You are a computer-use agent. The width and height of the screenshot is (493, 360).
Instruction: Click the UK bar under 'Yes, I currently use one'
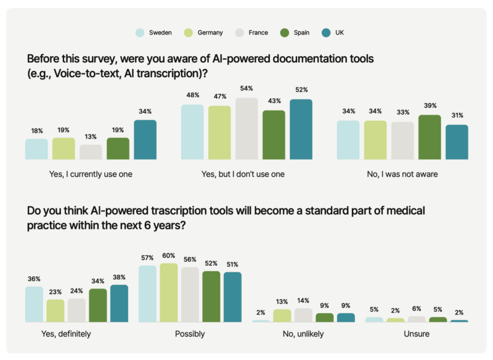pyautogui.click(x=145, y=140)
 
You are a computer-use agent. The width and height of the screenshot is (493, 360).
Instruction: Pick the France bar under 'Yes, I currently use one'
pyautogui.click(x=91, y=152)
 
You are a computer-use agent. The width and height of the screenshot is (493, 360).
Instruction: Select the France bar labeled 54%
pyautogui.click(x=246, y=129)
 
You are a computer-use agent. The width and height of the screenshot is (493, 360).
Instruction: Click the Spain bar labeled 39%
pyautogui.click(x=430, y=137)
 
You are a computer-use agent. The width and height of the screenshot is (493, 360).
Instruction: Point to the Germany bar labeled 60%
pyautogui.click(x=168, y=293)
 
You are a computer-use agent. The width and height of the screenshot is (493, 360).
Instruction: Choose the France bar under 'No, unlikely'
pyautogui.click(x=303, y=315)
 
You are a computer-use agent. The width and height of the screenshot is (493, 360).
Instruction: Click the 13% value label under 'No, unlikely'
pyautogui.click(x=282, y=302)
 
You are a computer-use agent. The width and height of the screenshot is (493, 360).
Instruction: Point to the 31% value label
pyautogui.click(x=457, y=116)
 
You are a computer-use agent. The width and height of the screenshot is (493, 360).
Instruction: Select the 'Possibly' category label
pyautogui.click(x=190, y=334)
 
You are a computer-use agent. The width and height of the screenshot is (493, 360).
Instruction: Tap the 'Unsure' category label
pyautogui.click(x=416, y=334)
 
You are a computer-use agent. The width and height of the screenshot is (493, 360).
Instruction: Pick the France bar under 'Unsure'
pyautogui.click(x=417, y=319)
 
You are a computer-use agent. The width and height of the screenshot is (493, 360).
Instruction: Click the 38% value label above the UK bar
pyautogui.click(x=119, y=277)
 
